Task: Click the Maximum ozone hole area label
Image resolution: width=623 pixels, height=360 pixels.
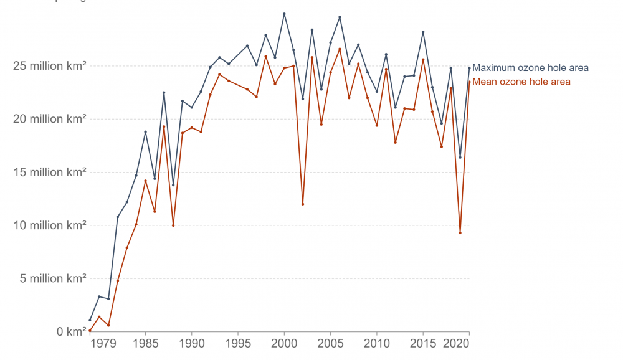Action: pos(530,68)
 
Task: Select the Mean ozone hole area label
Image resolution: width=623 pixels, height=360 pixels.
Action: pos(521,82)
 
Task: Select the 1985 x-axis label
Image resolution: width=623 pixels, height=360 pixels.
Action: pos(145,343)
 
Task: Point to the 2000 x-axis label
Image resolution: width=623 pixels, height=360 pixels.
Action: pos(284,343)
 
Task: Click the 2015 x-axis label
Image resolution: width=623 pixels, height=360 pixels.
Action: pos(423,343)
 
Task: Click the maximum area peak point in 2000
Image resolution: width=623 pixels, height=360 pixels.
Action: pos(284,14)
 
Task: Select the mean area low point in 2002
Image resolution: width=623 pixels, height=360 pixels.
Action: pos(303,204)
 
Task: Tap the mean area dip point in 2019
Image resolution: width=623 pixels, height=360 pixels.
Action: pos(460,233)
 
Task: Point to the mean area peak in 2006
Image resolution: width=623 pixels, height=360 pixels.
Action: pos(340,49)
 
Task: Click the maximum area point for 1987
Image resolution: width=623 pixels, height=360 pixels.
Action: pos(164,93)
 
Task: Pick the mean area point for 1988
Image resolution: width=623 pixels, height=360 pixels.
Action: pos(173,225)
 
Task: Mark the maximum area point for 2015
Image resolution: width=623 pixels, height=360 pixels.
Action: pos(423,32)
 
